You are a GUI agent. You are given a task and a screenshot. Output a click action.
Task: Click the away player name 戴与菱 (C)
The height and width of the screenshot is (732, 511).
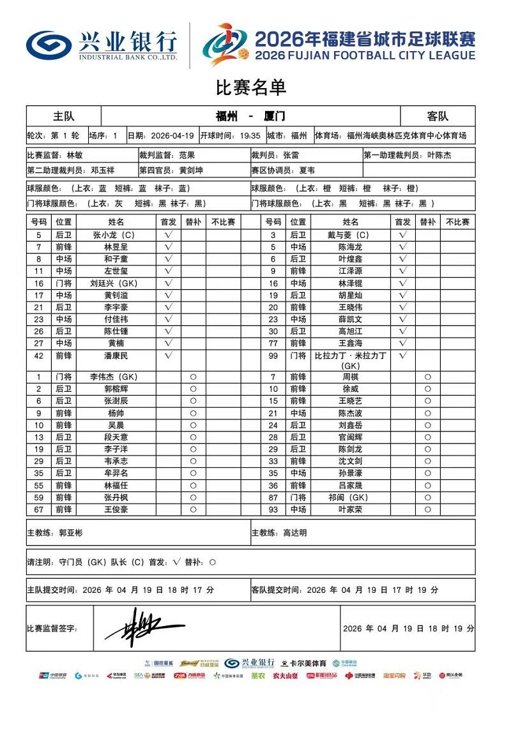(351, 235)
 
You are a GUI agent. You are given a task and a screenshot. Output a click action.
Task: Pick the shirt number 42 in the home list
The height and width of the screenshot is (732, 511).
(38, 355)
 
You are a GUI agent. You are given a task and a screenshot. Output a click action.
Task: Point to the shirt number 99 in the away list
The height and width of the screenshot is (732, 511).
(273, 355)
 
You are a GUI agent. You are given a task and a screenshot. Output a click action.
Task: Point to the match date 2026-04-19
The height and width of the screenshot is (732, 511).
(172, 135)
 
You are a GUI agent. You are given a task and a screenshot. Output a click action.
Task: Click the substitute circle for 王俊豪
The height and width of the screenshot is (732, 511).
(193, 510)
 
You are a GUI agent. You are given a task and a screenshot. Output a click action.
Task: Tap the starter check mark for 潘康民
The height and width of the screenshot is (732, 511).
(169, 355)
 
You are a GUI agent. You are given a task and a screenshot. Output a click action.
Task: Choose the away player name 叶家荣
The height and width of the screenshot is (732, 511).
(351, 510)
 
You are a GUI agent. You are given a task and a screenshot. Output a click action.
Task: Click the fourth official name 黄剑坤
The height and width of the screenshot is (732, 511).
(191, 170)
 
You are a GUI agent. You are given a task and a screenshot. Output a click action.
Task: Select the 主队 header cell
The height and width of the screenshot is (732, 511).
(63, 116)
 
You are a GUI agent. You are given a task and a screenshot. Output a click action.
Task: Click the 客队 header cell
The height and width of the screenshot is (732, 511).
(438, 116)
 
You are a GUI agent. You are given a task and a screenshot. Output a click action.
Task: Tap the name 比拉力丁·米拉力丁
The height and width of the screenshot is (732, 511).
(351, 355)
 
